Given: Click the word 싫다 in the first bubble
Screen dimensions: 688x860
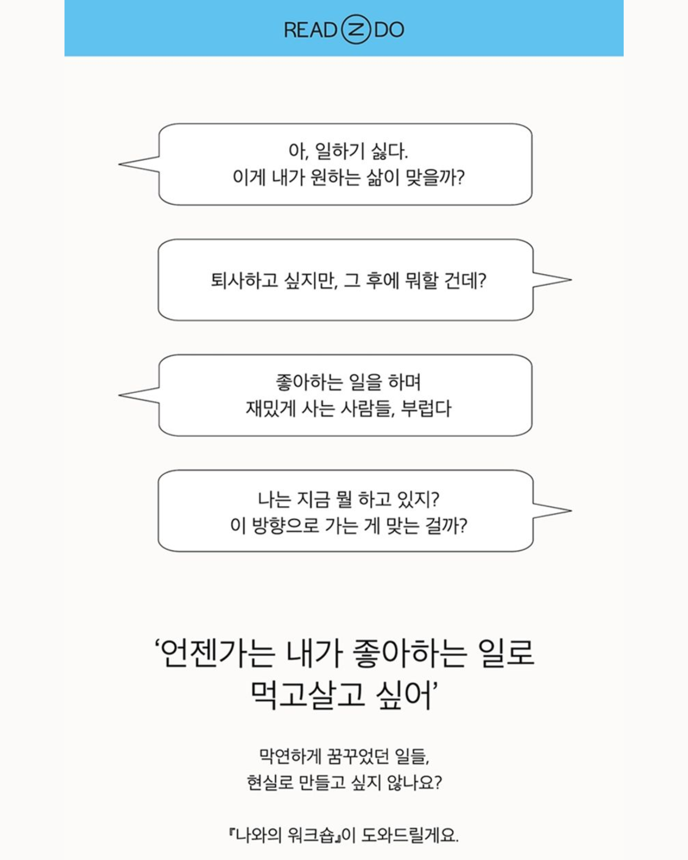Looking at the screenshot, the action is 390,151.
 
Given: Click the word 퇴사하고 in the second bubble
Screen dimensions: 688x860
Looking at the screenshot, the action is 244,280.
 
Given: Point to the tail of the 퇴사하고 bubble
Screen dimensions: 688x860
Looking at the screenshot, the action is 571,280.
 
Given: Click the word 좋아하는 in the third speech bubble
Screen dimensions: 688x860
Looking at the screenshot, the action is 309,382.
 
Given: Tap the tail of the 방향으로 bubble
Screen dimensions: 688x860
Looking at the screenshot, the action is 571,510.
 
